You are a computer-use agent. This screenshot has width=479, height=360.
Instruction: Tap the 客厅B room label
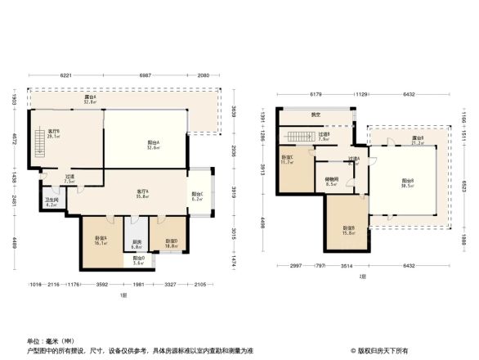point(54,133)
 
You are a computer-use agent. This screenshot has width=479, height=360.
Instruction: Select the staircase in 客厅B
point(38,145)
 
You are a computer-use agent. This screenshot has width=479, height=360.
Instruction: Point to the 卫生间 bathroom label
point(50,202)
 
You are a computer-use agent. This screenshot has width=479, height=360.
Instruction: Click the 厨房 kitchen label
point(137,243)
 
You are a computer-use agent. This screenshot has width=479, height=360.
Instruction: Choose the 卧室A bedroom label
point(101,241)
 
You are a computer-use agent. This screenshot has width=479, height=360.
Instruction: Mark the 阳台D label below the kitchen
point(138,261)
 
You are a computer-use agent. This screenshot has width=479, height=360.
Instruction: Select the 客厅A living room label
point(141,194)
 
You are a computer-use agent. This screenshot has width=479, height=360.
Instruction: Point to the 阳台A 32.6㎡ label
point(153,145)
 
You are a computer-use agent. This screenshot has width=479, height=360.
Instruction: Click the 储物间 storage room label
point(330,182)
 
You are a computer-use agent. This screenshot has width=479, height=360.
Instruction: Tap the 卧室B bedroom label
point(348,230)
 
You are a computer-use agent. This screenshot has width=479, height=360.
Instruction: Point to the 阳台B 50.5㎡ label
point(406,182)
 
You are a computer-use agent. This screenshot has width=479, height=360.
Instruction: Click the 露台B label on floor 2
point(418,140)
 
